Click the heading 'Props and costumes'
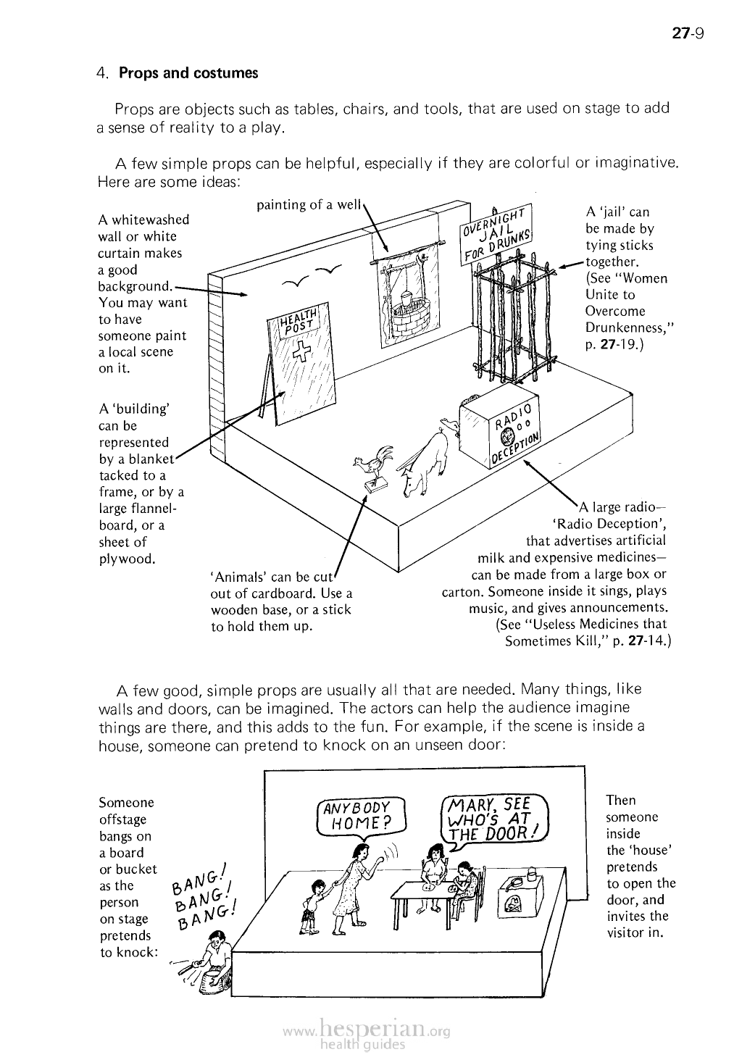tap(188, 73)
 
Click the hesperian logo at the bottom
tap(366, 1031)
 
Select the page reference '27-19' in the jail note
tap(614, 344)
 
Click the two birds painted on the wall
tap(312, 276)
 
